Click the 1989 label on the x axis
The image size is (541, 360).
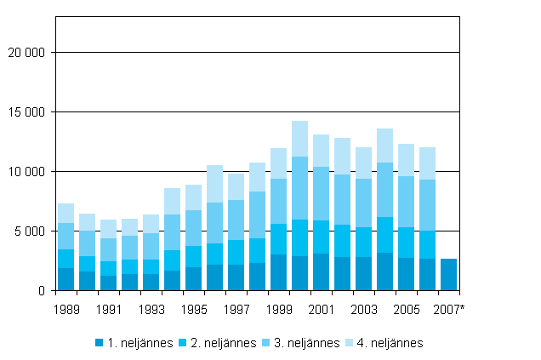pos(66,309)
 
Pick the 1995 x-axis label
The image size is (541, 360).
pos(194,309)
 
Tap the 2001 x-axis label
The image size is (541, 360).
pos(322,309)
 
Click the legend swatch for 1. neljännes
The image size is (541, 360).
pos(100,343)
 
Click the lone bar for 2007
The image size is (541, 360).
pos(449,274)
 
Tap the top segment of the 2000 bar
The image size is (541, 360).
pos(300,139)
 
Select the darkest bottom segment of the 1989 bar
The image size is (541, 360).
pos(66,279)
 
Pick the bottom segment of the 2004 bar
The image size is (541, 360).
pos(385,271)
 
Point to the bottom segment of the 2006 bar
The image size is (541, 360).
pos(428,274)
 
